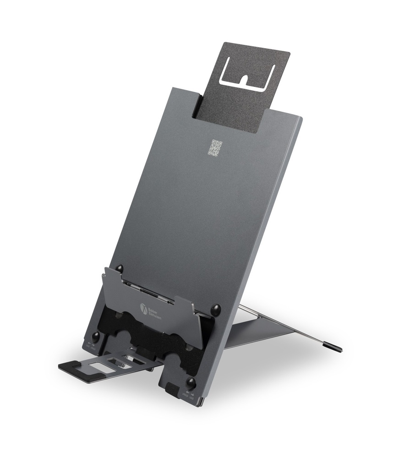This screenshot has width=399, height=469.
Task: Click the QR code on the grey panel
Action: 215,147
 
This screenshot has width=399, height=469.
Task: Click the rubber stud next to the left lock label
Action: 96,337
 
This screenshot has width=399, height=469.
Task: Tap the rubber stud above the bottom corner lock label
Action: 191,382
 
